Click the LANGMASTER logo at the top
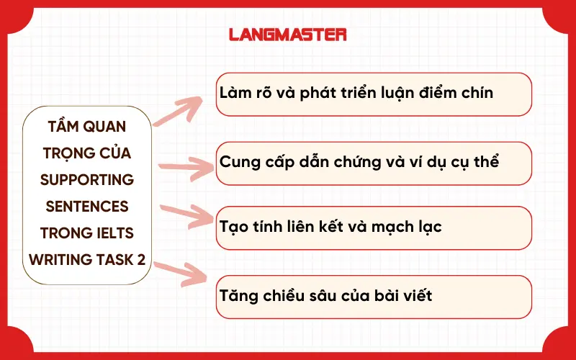(x=287, y=34)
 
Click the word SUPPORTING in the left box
(x=87, y=179)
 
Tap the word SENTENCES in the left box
(x=87, y=206)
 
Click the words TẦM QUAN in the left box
(x=87, y=127)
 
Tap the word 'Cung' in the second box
(x=238, y=161)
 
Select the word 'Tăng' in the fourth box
(x=238, y=295)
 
